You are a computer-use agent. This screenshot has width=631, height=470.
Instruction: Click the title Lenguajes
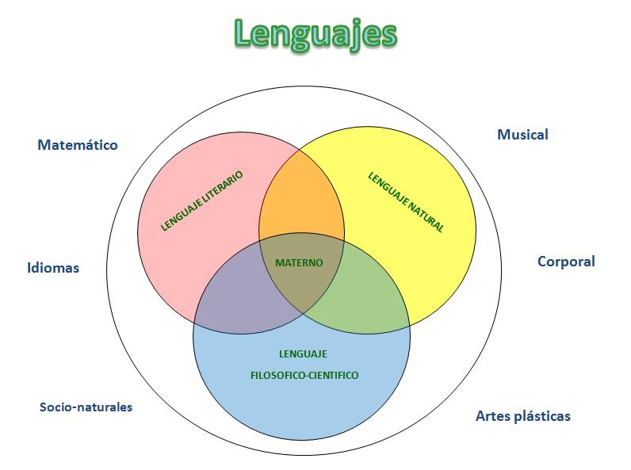click(315, 33)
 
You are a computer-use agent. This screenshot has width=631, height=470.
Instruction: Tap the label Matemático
click(78, 145)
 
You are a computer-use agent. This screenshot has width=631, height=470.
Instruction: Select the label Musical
click(522, 134)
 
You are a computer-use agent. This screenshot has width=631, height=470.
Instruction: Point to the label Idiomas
click(53, 268)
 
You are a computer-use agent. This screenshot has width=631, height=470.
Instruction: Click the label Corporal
click(566, 261)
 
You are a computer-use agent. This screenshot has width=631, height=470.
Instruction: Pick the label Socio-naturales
click(86, 407)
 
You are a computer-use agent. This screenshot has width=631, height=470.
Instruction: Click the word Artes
click(491, 416)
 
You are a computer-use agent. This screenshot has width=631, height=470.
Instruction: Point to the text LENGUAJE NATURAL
click(406, 202)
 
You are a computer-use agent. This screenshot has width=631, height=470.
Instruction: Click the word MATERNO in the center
click(299, 262)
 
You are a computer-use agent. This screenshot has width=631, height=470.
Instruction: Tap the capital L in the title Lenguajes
click(246, 33)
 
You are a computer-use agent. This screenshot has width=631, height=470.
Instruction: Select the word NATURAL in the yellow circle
click(424, 216)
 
